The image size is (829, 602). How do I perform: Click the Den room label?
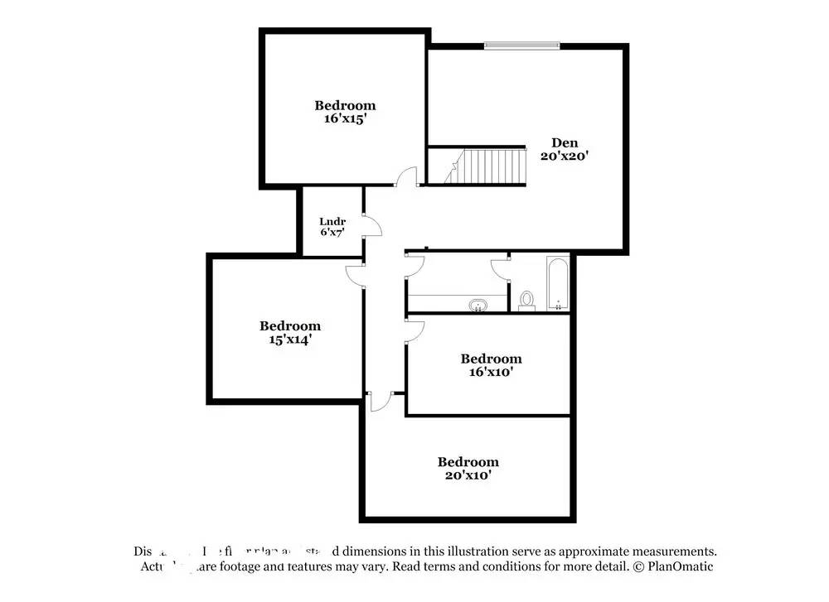565,142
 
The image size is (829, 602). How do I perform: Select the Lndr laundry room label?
332,221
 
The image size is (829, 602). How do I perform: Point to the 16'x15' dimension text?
345,118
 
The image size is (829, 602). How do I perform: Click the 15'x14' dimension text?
289,339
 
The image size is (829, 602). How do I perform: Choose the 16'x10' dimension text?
491,372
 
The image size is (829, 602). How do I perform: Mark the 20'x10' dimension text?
468,475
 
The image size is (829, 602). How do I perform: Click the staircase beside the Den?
485,166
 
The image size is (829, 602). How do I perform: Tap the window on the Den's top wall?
521,45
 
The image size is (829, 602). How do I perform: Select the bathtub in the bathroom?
558,284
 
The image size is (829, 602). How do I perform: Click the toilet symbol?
526,300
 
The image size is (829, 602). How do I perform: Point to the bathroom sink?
478,306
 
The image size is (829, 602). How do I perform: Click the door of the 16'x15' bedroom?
406,177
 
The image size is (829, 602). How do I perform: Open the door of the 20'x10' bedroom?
381,401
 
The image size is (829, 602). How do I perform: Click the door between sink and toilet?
500,268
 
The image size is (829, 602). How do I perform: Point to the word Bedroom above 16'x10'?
491,359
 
